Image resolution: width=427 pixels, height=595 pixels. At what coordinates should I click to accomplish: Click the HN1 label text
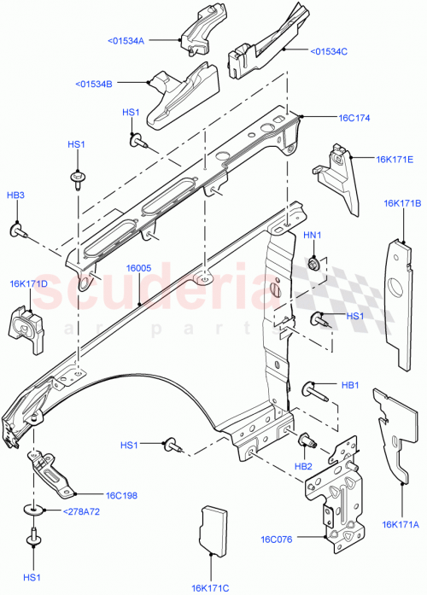pyautogui.click(x=313, y=236)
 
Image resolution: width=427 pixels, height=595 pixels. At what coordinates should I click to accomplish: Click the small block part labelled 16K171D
pyautogui.click(x=28, y=330)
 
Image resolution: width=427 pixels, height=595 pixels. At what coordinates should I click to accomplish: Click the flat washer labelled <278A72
pyautogui.click(x=36, y=511)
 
